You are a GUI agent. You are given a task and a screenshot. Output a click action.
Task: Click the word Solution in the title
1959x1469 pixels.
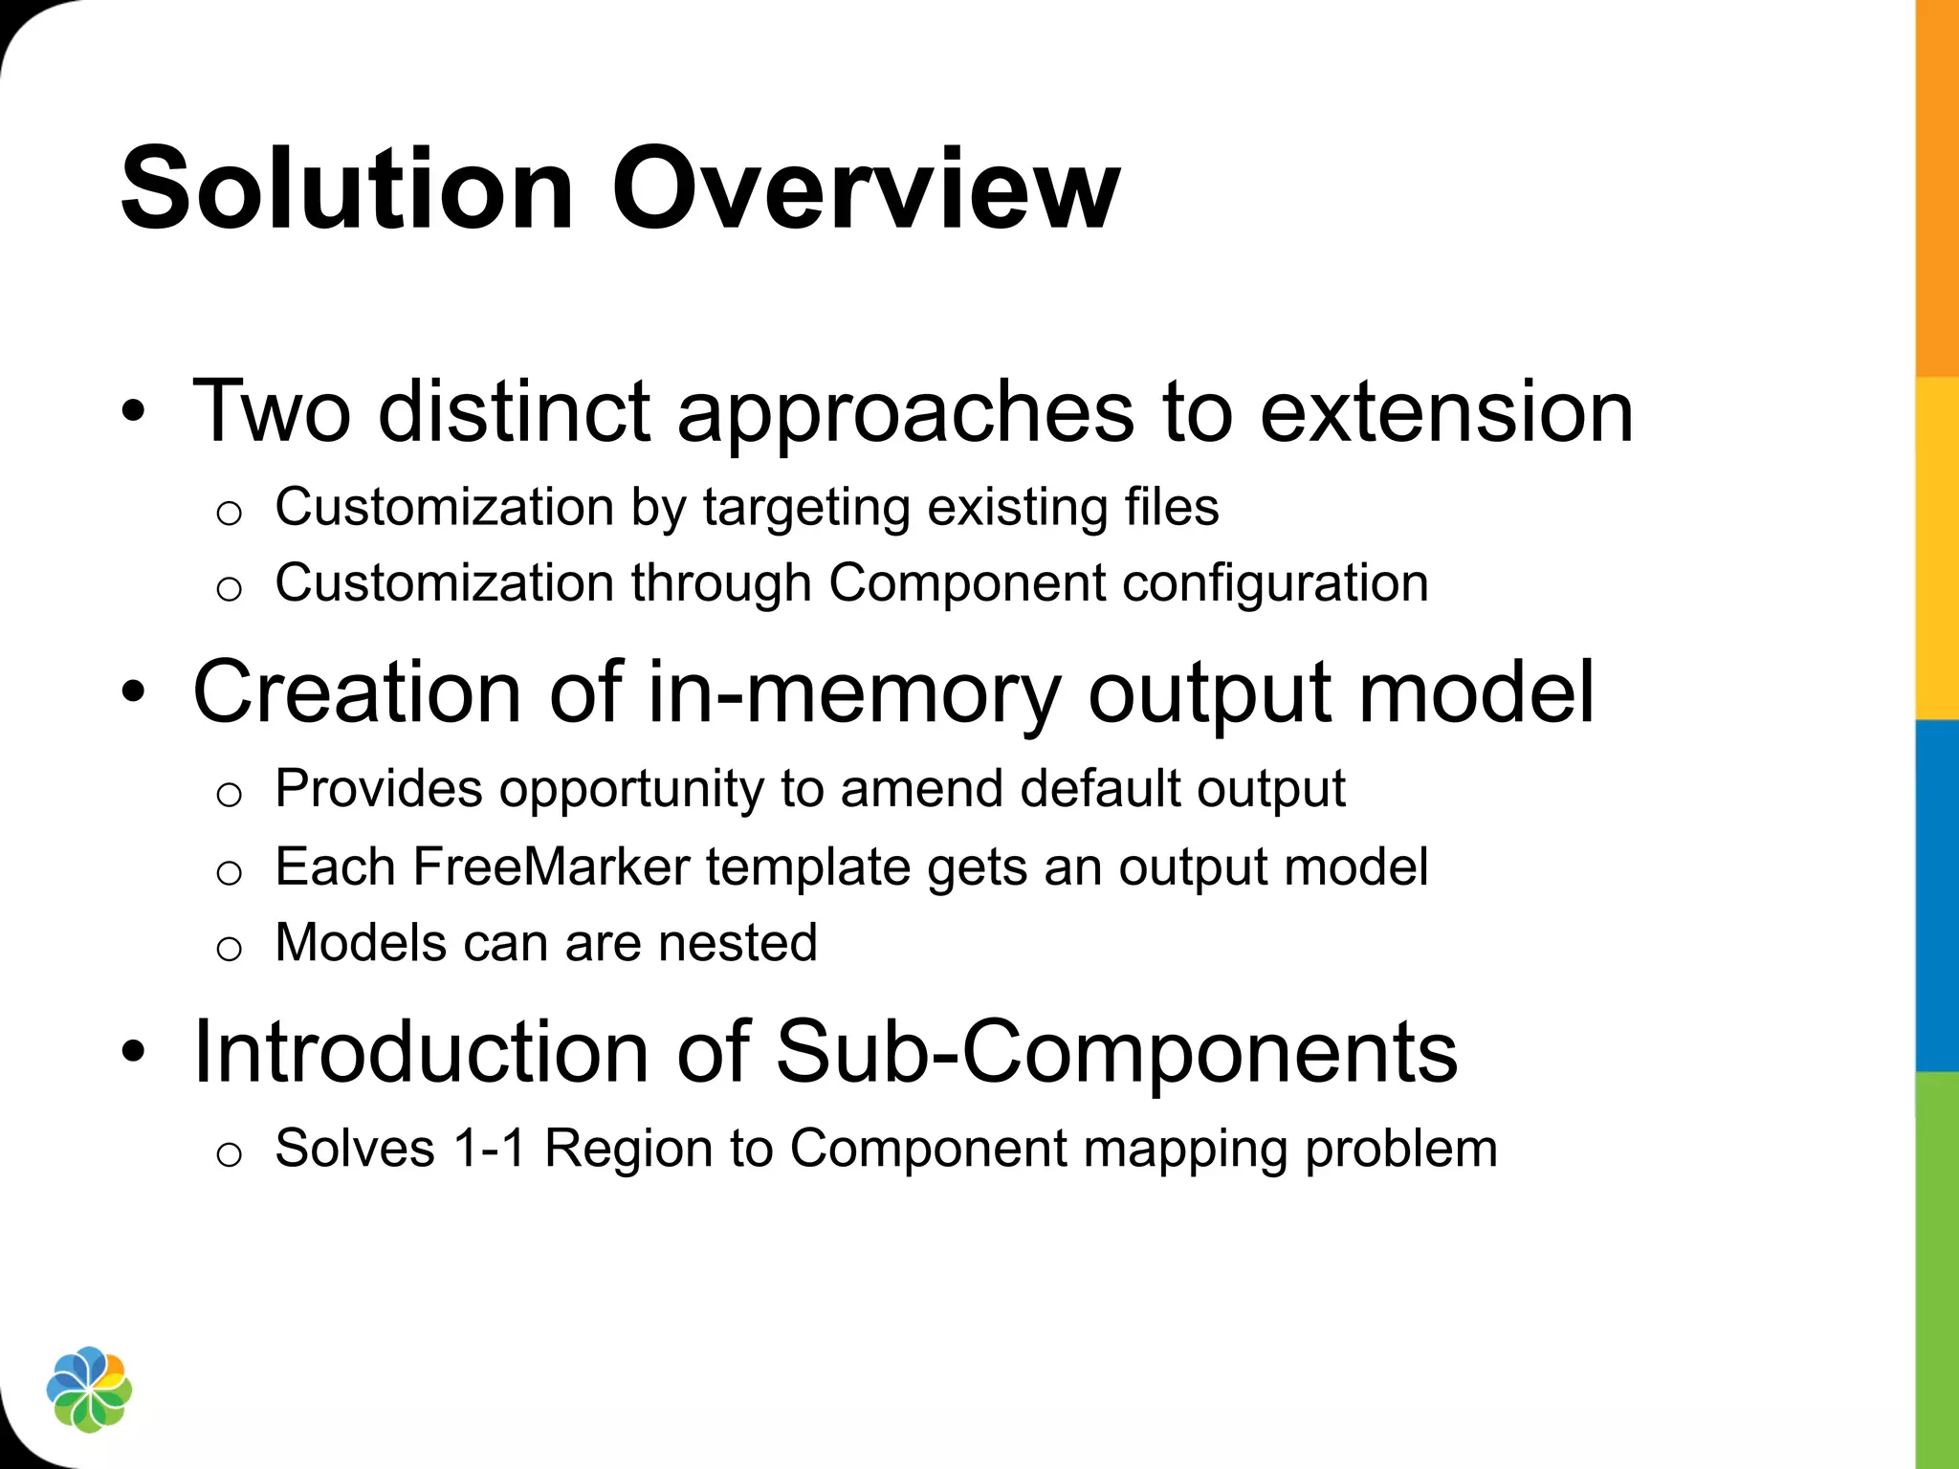346,188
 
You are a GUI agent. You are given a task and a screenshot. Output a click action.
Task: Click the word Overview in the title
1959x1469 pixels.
865,188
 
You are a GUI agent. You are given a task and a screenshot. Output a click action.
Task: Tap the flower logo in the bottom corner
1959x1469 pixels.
89,1390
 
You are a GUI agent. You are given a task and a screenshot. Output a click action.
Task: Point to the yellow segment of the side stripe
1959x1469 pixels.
1937,547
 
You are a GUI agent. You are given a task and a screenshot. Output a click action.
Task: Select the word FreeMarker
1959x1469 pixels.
551,866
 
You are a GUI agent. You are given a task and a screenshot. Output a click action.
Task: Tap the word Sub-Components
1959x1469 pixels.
1116,1052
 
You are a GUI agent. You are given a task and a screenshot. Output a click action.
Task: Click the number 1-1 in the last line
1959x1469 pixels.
490,1148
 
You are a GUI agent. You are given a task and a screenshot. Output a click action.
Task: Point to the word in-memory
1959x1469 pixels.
854,692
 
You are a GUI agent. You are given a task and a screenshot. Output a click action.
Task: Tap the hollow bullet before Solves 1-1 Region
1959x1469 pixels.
229,1154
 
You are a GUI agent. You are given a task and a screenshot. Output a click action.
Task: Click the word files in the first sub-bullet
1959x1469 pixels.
1172,507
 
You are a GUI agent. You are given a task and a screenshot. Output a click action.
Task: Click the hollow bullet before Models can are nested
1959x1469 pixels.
229,949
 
